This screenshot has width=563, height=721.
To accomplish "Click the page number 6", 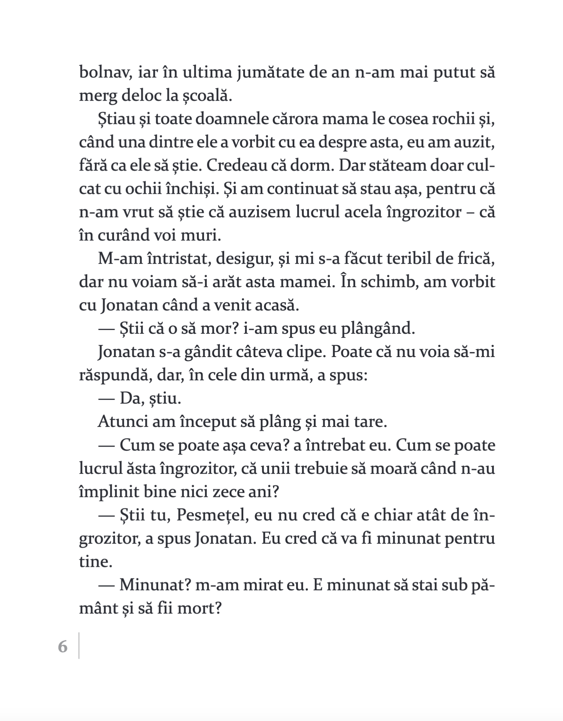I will (63, 647).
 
